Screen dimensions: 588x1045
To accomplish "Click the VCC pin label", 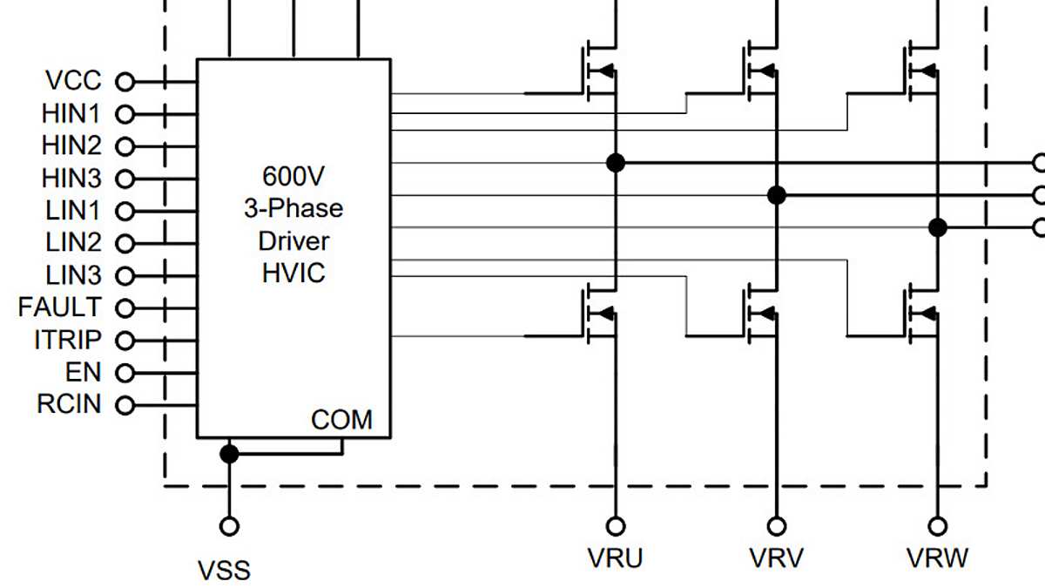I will click(x=74, y=81).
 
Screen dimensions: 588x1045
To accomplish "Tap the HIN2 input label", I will click(x=71, y=145).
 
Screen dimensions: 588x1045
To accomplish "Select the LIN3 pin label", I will click(x=73, y=275).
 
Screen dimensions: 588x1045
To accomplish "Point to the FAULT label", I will click(x=59, y=308).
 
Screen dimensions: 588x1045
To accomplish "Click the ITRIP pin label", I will click(x=67, y=340).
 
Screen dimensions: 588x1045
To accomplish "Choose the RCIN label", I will click(x=69, y=405).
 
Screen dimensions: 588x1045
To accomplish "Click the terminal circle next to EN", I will click(x=125, y=373).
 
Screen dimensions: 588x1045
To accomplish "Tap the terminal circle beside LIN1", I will click(x=125, y=211).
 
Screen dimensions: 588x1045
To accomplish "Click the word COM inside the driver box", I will click(x=341, y=420).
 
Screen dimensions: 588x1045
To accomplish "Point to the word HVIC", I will click(x=293, y=273).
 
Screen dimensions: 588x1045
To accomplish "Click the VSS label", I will click(x=224, y=571).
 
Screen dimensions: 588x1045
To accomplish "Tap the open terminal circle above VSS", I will click(x=229, y=526).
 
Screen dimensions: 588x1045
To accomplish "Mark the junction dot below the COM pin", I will click(x=229, y=453).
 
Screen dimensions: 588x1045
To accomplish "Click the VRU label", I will click(x=616, y=558).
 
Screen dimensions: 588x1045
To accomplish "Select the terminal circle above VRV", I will click(x=776, y=526).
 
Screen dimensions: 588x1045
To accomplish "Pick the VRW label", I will click(x=937, y=558).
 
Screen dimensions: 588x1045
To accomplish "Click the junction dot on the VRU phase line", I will click(x=616, y=162).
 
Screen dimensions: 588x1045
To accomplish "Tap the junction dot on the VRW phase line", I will click(x=938, y=227).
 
